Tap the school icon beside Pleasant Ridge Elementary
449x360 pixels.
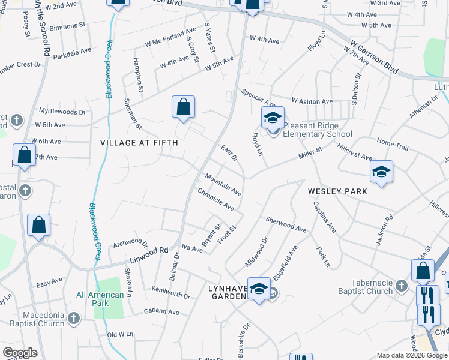pyautogui.click(x=272, y=118)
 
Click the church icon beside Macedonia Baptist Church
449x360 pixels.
pyautogui.click(x=74, y=319)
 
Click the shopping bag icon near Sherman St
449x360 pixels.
pyautogui.click(x=184, y=108)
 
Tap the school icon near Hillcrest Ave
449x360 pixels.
pyautogui.click(x=381, y=173)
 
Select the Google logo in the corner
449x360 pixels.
pyautogui.click(x=20, y=353)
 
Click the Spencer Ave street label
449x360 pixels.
pyautogui.click(x=258, y=95)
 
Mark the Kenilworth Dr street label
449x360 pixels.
pyautogui.click(x=170, y=296)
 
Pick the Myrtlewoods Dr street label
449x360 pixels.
pyautogui.click(x=62, y=112)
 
